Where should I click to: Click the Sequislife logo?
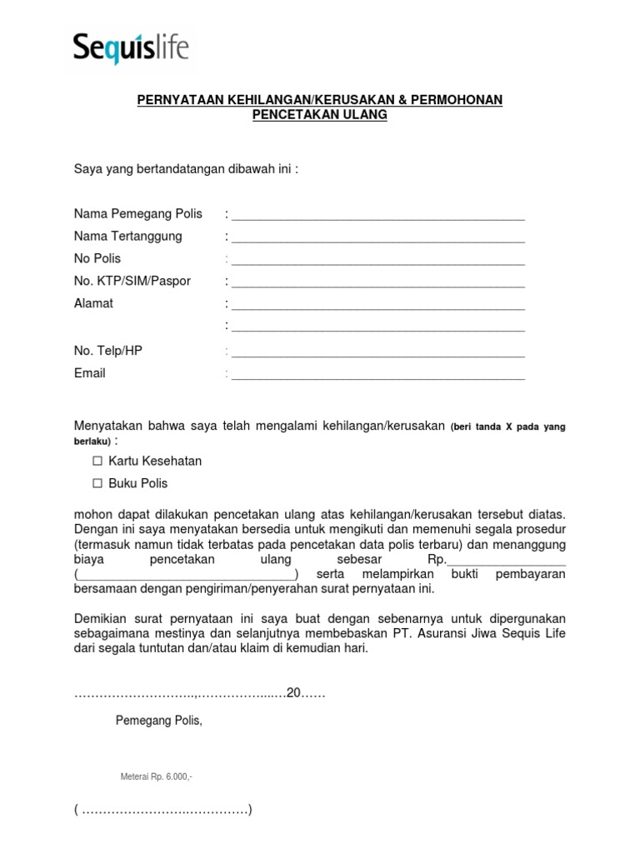click(131, 48)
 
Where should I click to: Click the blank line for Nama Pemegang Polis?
click(378, 216)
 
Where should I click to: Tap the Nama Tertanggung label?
click(127, 237)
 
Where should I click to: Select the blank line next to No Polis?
click(378, 261)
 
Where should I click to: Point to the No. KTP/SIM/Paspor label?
click(132, 282)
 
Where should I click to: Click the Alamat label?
click(93, 304)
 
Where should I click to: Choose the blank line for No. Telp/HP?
click(378, 352)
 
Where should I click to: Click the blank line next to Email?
click(378, 375)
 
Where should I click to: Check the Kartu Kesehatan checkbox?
click(97, 461)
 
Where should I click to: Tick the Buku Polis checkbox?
click(97, 484)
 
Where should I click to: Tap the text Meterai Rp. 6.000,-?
click(157, 777)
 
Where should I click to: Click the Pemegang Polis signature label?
click(158, 721)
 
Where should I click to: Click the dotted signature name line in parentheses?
click(162, 810)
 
